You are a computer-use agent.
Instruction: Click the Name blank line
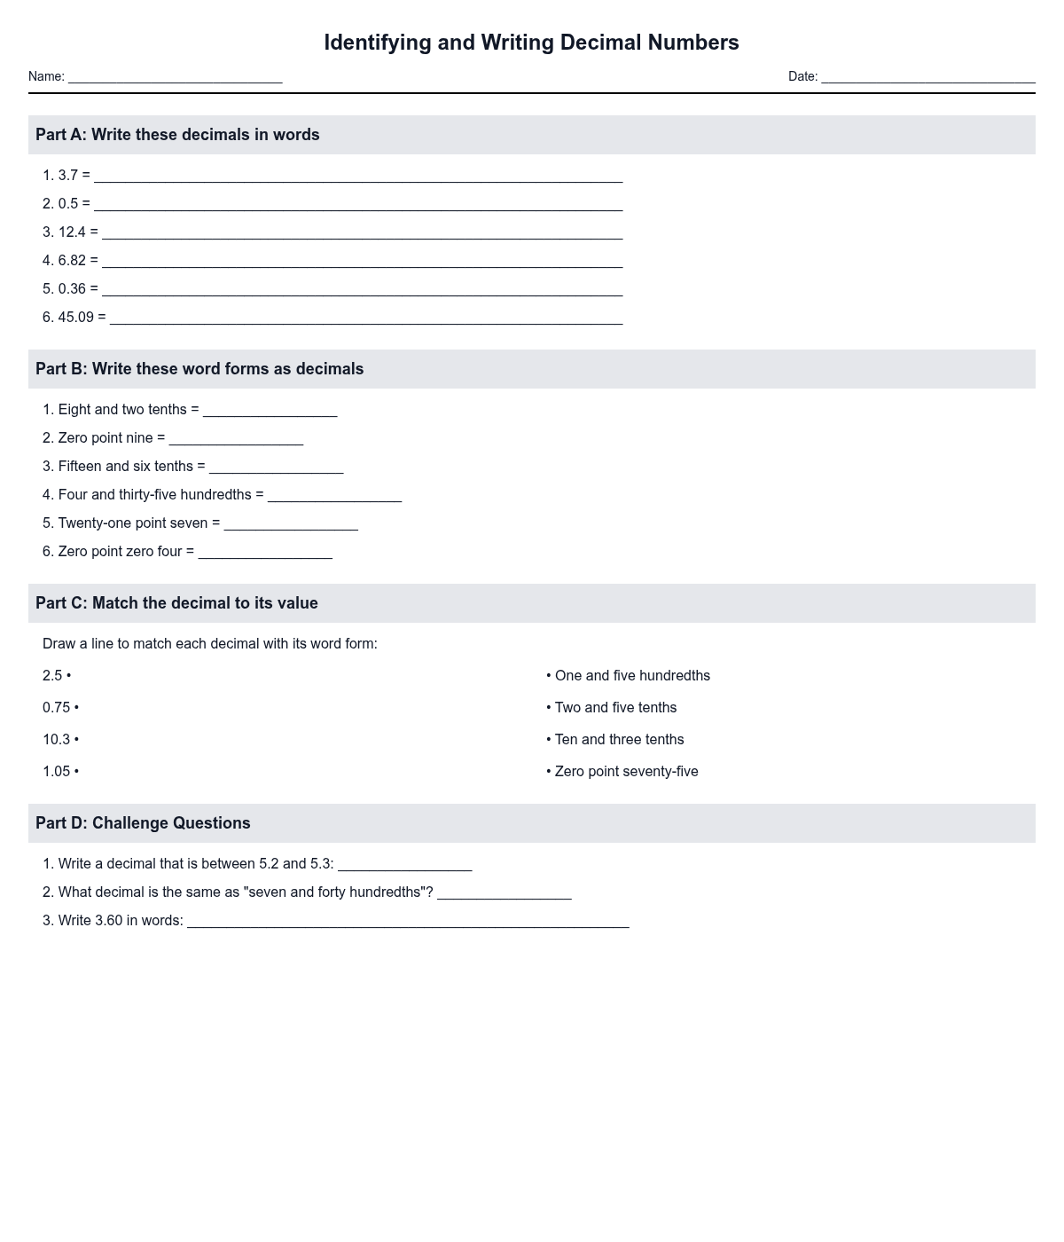pos(175,78)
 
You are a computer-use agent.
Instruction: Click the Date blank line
pos(927,78)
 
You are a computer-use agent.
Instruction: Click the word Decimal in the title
pos(600,43)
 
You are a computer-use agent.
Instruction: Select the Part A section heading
pos(177,135)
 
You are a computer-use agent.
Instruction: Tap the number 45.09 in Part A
pos(76,318)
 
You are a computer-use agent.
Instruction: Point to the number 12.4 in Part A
pos(72,232)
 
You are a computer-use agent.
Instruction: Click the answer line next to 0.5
pos(358,206)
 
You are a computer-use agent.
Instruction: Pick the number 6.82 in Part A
pos(72,261)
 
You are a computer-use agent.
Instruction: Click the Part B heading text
pos(199,369)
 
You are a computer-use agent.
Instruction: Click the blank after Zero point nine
pos(236,440)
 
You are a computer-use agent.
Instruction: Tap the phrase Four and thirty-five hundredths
pos(155,495)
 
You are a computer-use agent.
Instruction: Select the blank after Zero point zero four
pos(265,554)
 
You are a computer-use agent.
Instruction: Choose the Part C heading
pos(176,603)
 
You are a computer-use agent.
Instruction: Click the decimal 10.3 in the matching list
pos(56,740)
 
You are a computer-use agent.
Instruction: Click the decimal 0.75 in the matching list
pos(56,708)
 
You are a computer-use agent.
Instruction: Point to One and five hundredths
pos(632,676)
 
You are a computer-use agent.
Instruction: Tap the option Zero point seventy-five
pos(626,772)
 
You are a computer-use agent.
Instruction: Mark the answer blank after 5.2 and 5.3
pos(404,866)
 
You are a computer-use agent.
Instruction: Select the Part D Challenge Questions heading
pos(143,823)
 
